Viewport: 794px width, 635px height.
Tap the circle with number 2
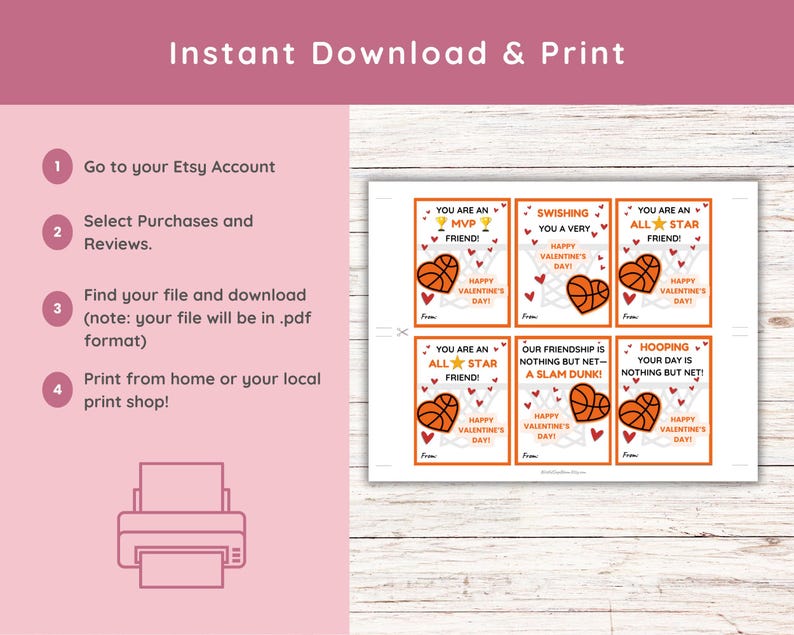57,232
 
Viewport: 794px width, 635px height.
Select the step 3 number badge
57,308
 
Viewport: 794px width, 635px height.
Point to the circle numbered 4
57,390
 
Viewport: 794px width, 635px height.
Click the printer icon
181,526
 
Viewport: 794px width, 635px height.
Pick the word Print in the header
585,53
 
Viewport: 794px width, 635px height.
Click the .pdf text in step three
289,318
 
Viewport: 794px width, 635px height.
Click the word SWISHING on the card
563,214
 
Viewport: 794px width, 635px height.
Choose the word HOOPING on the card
664,347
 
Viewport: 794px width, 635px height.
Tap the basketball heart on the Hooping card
640,410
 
